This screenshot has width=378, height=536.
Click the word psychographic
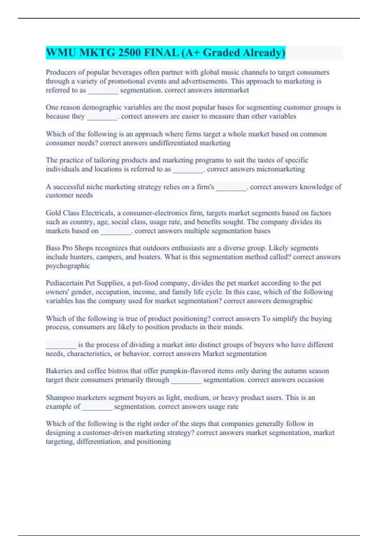pyautogui.click(x=68, y=266)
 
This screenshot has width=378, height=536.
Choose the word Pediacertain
pyautogui.click(x=65, y=283)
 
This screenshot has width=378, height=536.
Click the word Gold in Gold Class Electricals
pyautogui.click(x=53, y=213)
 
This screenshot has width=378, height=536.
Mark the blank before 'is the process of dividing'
pyautogui.click(x=61, y=345)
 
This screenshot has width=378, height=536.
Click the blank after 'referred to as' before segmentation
pyautogui.click(x=103, y=90)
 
